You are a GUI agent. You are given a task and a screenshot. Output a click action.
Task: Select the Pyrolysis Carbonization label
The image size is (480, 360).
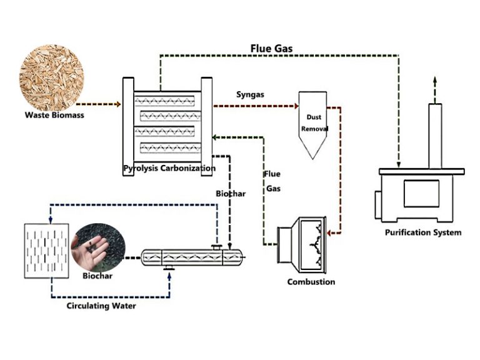click(x=169, y=168)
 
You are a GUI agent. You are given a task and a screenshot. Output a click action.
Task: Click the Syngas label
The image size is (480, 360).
click(x=250, y=94)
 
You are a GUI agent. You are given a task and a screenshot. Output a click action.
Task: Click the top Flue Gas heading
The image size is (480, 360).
click(x=271, y=48)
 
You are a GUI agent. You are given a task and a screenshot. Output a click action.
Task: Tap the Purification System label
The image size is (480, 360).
click(x=423, y=232)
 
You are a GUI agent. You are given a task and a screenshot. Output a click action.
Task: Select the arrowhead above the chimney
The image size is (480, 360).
click(x=436, y=81)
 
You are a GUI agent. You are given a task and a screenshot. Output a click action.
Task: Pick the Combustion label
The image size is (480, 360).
click(x=311, y=282)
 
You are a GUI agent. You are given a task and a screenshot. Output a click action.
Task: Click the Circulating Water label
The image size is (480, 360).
click(x=102, y=306)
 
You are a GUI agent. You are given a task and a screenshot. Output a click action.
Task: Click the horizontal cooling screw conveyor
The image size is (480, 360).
click(x=191, y=257)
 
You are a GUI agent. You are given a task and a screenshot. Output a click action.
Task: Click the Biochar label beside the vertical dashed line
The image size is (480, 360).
click(x=231, y=194)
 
